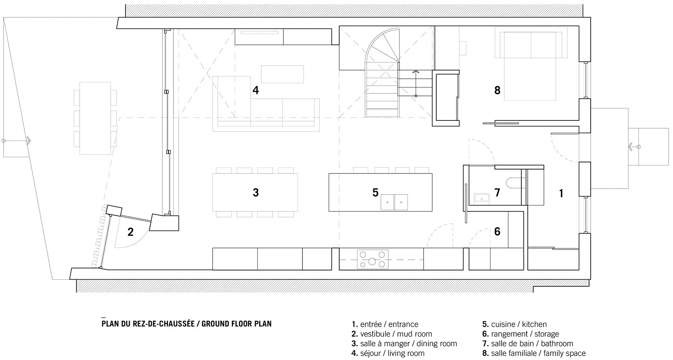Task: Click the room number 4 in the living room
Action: tap(255, 90)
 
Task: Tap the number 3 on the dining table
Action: tap(256, 192)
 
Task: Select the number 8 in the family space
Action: tap(497, 90)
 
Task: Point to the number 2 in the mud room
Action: tap(130, 232)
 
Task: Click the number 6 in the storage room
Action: tap(497, 231)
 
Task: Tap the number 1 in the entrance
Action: tap(561, 194)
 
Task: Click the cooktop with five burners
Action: tap(373, 259)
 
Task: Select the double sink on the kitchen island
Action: tap(394, 202)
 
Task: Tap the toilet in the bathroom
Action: tap(514, 183)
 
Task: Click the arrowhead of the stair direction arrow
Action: tap(416, 72)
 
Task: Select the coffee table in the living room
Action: tap(282, 74)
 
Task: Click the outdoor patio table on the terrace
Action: tap(95, 118)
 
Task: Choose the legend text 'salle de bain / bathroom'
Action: tap(528, 343)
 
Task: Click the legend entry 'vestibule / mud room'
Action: tap(392, 334)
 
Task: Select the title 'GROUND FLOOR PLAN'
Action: tap(236, 324)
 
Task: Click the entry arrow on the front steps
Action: tap(634, 147)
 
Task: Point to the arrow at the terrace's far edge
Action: tap(16, 141)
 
